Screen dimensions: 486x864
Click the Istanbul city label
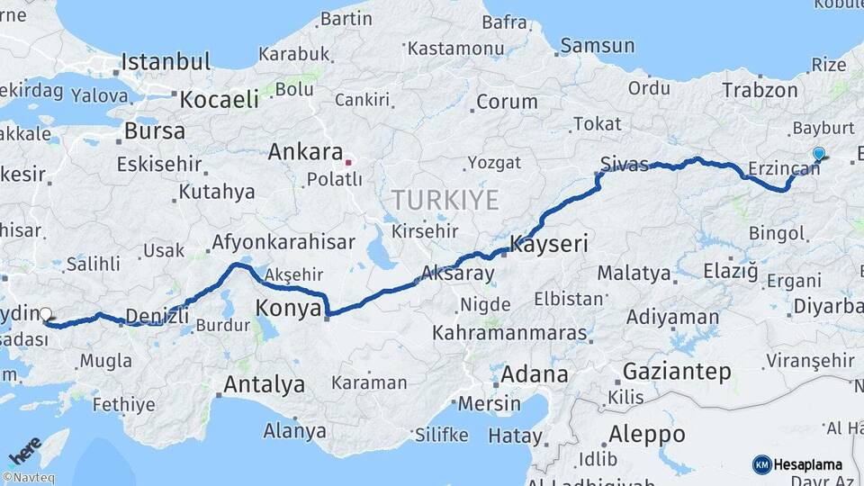click(x=166, y=62)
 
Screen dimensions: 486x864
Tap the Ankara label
click(x=305, y=152)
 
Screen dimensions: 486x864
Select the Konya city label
click(x=289, y=309)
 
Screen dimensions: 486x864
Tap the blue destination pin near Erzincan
click(x=818, y=155)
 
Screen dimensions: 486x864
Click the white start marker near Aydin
click(x=46, y=314)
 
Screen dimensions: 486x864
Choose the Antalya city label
click(x=264, y=384)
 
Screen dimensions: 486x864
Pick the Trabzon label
click(x=760, y=90)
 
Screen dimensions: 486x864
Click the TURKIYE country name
click(x=445, y=200)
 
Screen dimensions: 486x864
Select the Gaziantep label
click(x=676, y=370)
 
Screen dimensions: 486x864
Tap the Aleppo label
click(x=646, y=434)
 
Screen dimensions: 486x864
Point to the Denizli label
click(x=157, y=315)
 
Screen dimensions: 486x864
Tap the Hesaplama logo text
click(x=807, y=464)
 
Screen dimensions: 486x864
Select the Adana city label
click(x=534, y=373)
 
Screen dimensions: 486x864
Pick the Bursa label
click(x=154, y=130)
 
